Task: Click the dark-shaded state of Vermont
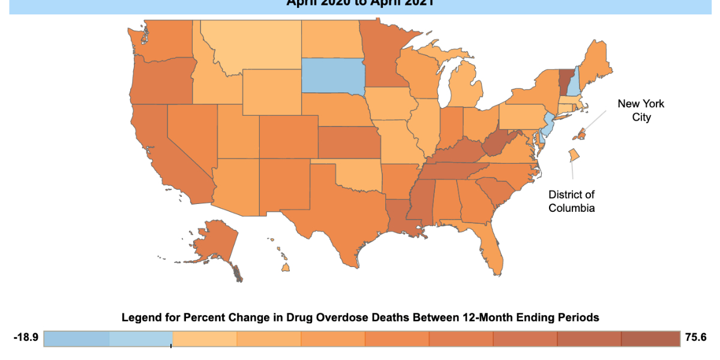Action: pos(565,80)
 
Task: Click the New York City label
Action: pos(641,110)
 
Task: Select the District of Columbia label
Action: pos(571,201)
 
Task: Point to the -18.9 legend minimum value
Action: pos(26,338)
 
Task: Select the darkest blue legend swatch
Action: pos(76,339)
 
